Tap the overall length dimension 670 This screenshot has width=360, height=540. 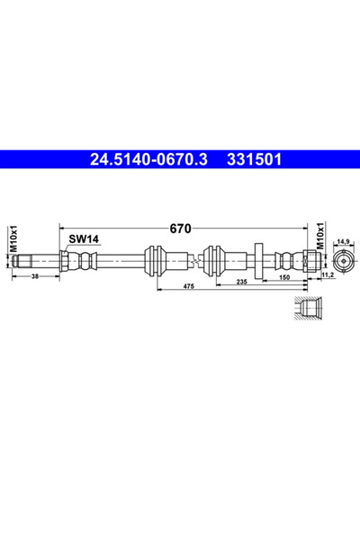point(180,229)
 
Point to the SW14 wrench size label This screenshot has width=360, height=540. point(84,238)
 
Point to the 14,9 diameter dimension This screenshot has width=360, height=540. point(343,241)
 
